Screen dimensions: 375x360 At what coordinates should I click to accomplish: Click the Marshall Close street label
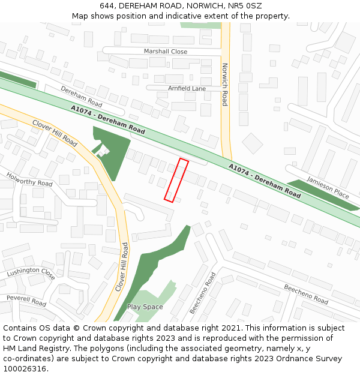coord(166,52)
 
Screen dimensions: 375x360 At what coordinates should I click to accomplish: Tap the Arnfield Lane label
coord(187,88)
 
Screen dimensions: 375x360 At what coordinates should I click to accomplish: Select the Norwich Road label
coord(225,85)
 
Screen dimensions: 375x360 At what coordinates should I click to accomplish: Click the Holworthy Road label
coord(29,179)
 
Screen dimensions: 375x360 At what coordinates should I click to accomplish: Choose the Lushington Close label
coord(31,274)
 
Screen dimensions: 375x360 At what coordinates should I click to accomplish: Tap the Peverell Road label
coord(26,301)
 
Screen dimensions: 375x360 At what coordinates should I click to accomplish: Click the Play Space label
coord(145,307)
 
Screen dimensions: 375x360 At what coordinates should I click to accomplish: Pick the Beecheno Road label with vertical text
coord(202,293)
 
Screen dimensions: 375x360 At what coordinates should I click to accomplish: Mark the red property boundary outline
coord(176,180)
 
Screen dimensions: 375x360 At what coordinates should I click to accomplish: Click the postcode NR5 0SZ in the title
coord(246,6)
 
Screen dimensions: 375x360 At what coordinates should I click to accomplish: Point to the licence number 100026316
coord(25,368)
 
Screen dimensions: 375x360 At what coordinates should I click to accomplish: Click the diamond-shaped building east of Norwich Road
coord(253,143)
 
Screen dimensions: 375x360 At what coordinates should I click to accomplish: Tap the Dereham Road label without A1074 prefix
coord(82,96)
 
